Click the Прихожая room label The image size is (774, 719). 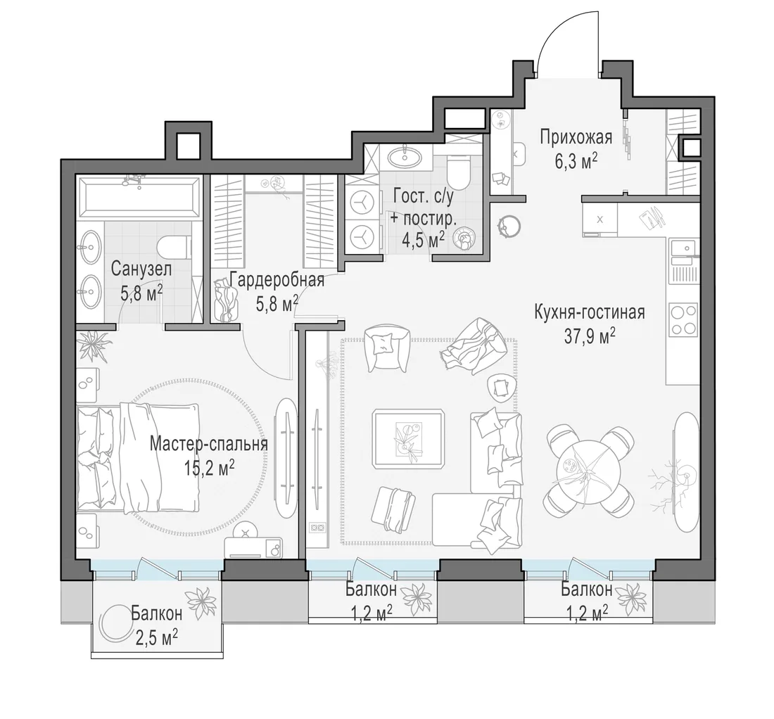click(576, 137)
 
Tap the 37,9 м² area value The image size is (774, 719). click(590, 336)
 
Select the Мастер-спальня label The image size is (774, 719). click(208, 444)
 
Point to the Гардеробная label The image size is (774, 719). click(277, 280)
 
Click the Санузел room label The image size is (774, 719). click(141, 269)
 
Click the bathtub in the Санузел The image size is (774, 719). click(138, 198)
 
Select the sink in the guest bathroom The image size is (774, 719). click(405, 158)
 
